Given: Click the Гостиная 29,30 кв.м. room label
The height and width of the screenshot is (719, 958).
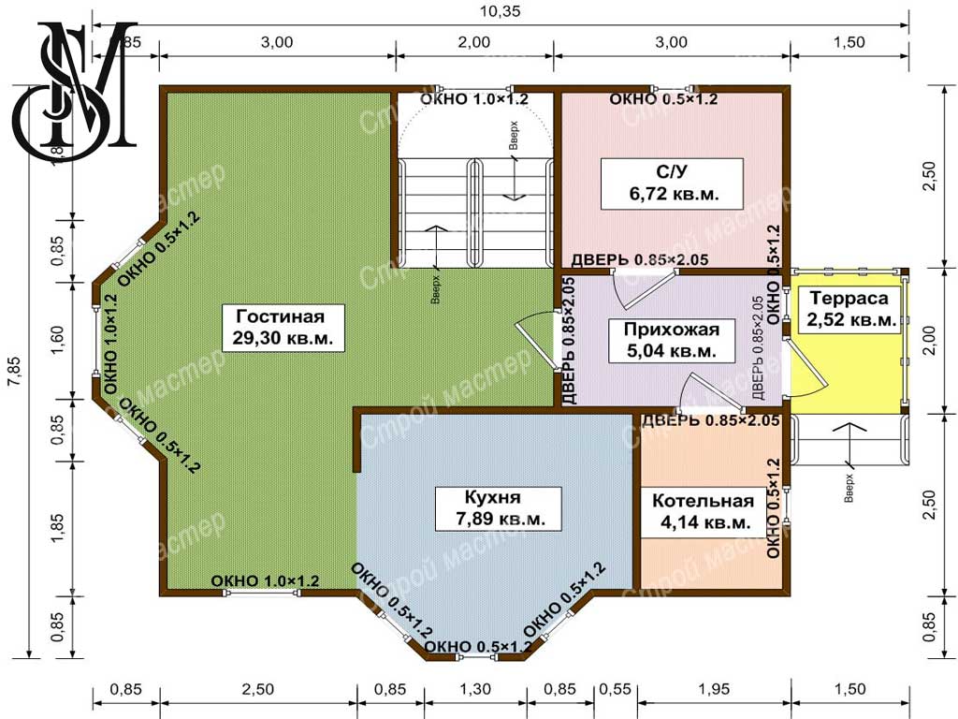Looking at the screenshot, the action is click(283, 328).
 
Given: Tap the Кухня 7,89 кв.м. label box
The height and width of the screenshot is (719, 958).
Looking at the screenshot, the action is click(499, 508).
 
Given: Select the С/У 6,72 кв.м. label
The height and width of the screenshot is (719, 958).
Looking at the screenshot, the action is click(672, 183).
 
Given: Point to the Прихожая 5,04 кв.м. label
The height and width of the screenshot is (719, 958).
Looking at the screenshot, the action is click(672, 341).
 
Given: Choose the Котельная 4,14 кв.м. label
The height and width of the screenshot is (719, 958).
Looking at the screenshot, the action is click(703, 512).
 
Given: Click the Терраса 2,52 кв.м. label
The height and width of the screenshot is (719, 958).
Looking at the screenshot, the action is click(849, 309).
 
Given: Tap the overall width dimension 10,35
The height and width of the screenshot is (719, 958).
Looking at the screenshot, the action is click(500, 11).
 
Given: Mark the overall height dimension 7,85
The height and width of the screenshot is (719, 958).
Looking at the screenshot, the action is click(14, 371).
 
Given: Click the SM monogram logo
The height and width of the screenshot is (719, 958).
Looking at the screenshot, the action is click(75, 91).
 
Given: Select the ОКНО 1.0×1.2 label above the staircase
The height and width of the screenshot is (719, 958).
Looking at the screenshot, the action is click(474, 99).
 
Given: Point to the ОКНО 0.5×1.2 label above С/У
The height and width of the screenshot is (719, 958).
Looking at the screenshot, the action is click(663, 99).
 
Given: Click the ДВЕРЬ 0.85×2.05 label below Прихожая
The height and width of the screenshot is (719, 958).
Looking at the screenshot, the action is click(710, 420).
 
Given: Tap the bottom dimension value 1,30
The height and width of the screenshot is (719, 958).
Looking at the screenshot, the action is click(474, 689).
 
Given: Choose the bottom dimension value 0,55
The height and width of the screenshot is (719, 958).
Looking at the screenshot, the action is click(615, 689).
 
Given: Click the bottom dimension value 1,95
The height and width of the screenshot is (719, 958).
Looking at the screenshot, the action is click(713, 689).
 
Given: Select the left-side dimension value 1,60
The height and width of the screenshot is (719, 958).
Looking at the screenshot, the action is click(57, 340).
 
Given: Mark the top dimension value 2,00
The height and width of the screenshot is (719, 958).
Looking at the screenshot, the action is click(474, 42).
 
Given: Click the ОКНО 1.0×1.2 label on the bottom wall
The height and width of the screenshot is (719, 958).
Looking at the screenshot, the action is click(265, 580).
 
